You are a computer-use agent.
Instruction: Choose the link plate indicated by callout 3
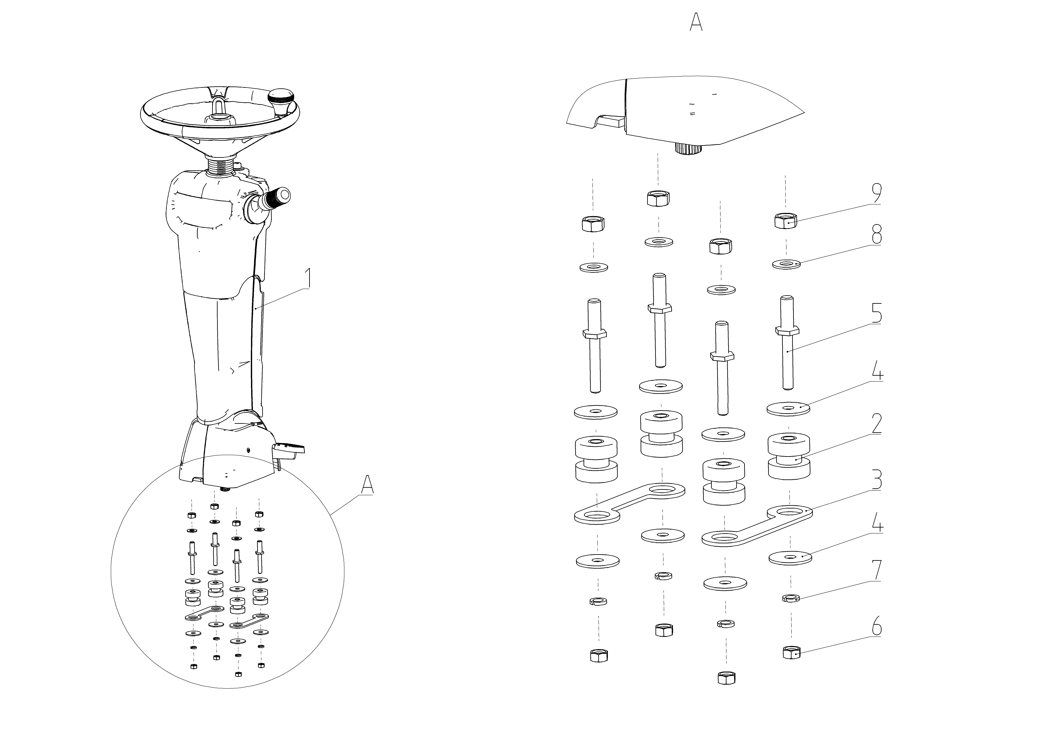pos(756,526)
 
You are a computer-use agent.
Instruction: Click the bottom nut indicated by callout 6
pos(792,653)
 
